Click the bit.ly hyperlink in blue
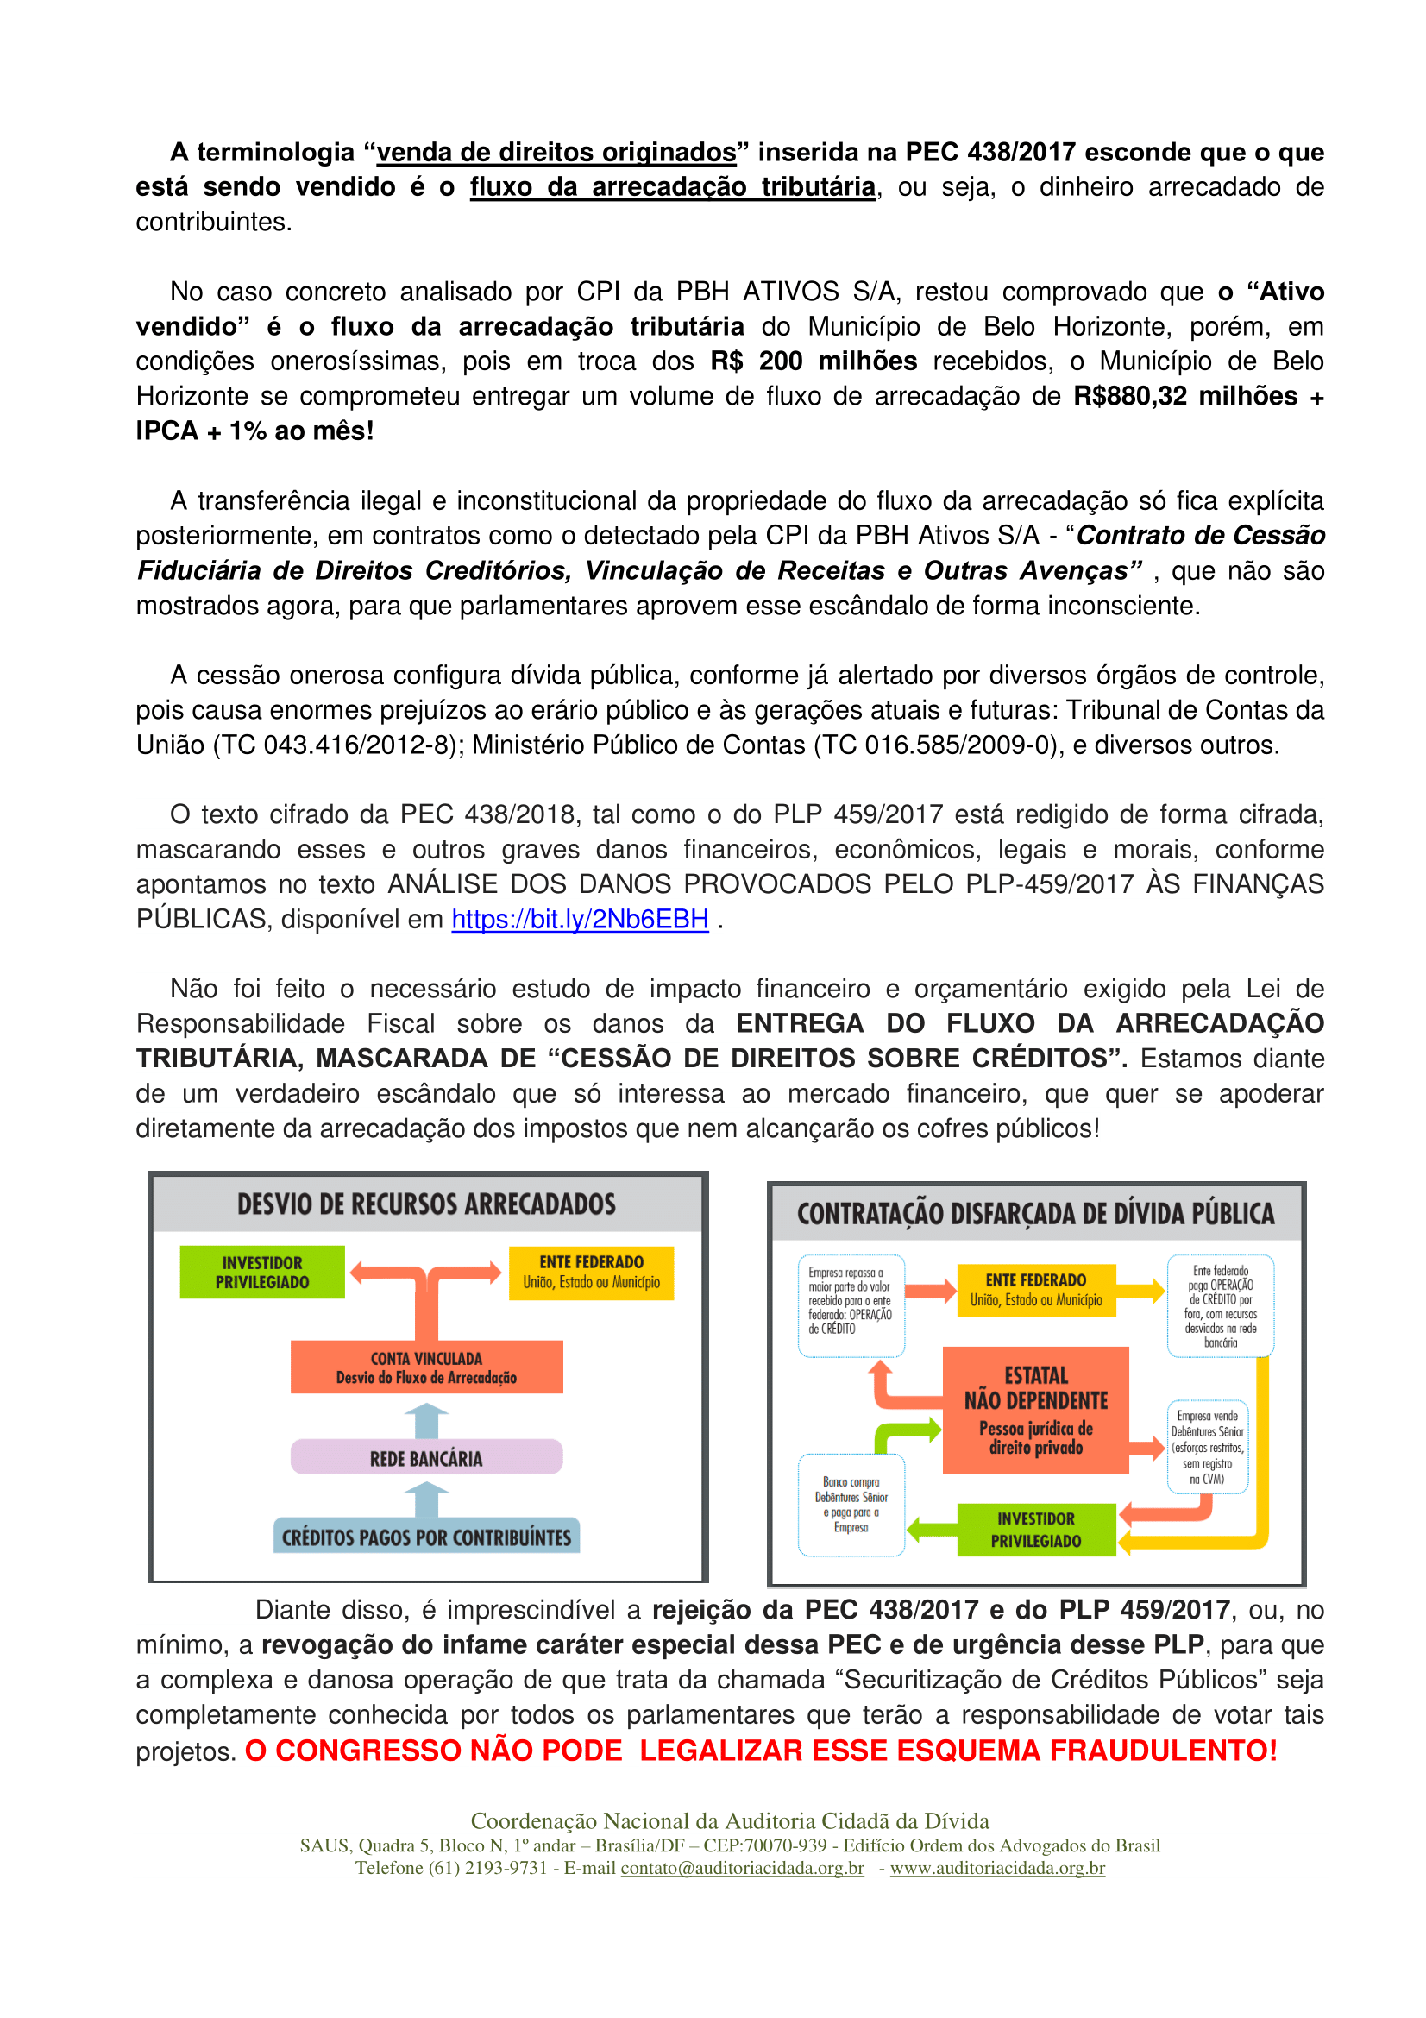click(x=580, y=920)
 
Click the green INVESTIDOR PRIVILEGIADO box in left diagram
click(x=262, y=1272)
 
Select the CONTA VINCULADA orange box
click(x=426, y=1367)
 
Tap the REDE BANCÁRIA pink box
click(x=426, y=1459)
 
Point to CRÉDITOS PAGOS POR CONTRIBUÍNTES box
click(x=426, y=1537)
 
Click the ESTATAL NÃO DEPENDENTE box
click(x=1036, y=1410)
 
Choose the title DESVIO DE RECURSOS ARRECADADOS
click(x=426, y=1204)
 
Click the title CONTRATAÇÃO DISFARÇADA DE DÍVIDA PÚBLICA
click(x=1035, y=1215)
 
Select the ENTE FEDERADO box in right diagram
click(x=1036, y=1290)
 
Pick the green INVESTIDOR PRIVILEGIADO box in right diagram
click(x=1036, y=1530)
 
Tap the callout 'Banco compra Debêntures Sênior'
click(x=851, y=1505)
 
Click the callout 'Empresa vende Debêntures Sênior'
click(x=1207, y=1447)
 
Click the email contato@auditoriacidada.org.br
click(x=743, y=1868)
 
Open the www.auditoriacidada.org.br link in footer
click(x=997, y=1868)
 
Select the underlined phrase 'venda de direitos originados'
click(x=556, y=153)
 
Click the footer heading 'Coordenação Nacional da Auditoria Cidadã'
click(x=729, y=1820)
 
